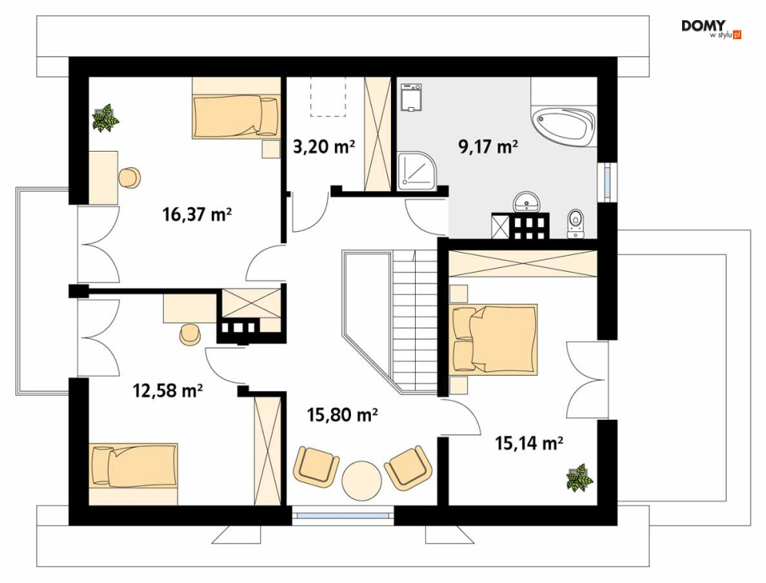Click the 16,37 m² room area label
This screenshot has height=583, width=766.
click(x=196, y=215)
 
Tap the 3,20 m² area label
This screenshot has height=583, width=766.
click(x=324, y=146)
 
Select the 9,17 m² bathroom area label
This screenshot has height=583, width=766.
click(x=487, y=146)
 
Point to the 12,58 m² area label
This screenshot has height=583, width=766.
click(x=168, y=391)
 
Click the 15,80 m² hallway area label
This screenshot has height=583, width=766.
click(x=342, y=415)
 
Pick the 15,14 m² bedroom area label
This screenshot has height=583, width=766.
click(x=529, y=444)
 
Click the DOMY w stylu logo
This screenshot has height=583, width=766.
click(x=711, y=28)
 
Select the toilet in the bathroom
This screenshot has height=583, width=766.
click(x=576, y=224)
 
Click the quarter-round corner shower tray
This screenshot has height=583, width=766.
click(x=416, y=170)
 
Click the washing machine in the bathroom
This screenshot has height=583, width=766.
click(x=411, y=98)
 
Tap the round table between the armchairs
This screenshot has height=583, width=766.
click(x=362, y=479)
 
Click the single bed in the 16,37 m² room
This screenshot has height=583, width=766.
click(x=236, y=116)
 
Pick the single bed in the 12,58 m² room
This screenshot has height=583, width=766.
click(x=133, y=466)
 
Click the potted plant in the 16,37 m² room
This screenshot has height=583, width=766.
click(x=105, y=118)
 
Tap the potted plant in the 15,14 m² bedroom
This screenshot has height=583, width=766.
click(x=580, y=477)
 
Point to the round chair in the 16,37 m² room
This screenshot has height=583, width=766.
click(x=129, y=177)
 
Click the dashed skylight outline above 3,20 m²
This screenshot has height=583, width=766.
click(x=328, y=97)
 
